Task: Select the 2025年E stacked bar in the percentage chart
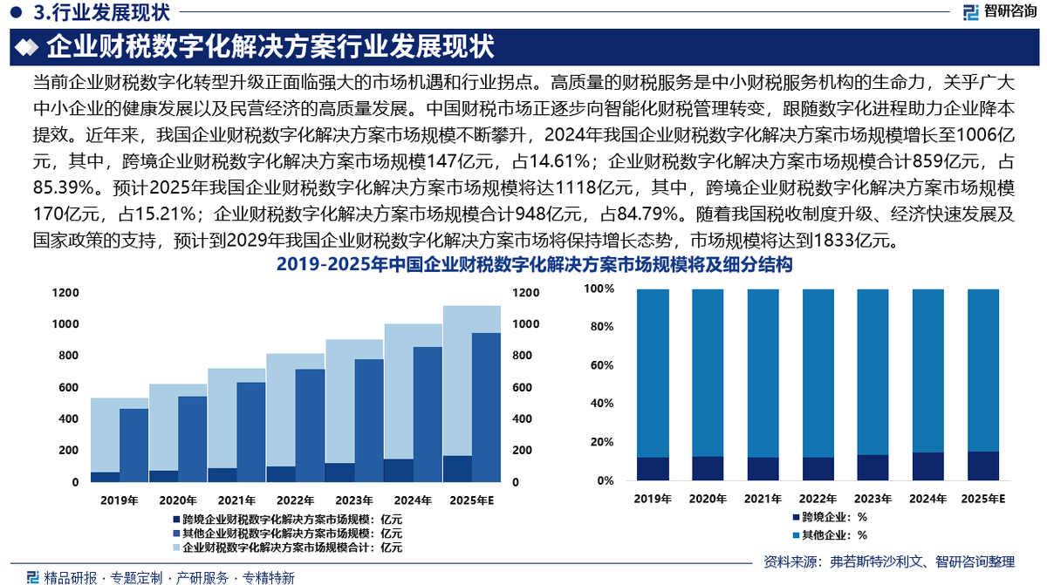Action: (982, 384)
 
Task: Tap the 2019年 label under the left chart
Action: (119, 500)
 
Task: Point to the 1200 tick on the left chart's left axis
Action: (65, 293)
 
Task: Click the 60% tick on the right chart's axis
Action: (602, 365)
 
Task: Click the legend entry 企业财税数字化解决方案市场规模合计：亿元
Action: (286, 548)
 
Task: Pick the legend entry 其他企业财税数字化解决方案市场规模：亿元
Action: (286, 533)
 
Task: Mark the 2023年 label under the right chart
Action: (873, 500)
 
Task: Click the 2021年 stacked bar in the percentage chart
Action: (763, 384)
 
